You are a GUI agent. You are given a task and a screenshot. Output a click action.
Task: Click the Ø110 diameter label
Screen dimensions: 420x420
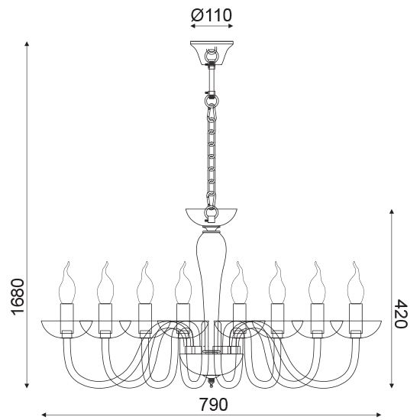click(212, 15)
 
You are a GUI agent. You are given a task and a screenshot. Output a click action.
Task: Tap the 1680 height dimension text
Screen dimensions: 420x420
click(18, 297)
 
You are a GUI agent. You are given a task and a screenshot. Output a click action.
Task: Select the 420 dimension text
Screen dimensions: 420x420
click(401, 314)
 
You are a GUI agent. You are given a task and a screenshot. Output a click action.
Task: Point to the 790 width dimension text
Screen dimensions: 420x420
click(213, 405)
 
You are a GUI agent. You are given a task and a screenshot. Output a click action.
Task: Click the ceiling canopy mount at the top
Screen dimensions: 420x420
click(212, 53)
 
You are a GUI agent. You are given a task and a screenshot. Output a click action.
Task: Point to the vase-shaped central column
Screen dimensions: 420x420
click(212, 268)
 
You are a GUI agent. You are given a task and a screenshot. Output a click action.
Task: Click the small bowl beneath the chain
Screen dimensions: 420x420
click(212, 216)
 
